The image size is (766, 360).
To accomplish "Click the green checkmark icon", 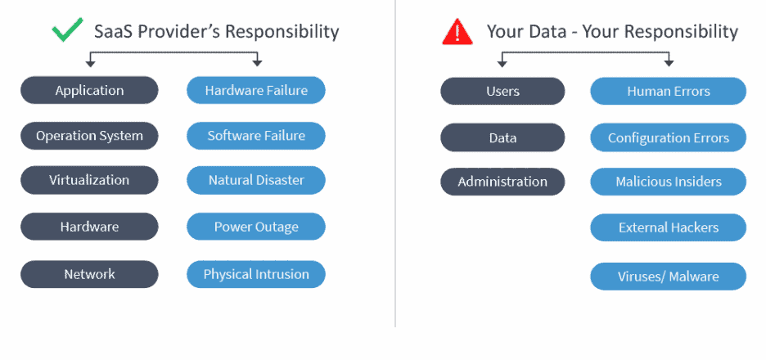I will pyautogui.click(x=68, y=32).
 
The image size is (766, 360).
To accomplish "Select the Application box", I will pyautogui.click(x=89, y=91).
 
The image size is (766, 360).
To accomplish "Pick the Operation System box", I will pyautogui.click(x=89, y=136).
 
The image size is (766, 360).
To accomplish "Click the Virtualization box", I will pyautogui.click(x=89, y=180).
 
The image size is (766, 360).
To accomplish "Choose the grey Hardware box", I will pyautogui.click(x=89, y=227).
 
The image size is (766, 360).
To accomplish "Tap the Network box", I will pyautogui.click(x=89, y=274).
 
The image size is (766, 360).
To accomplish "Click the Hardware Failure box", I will pyautogui.click(x=256, y=91).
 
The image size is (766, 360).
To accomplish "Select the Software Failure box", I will pyautogui.click(x=256, y=136).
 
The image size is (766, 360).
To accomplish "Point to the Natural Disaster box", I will pyautogui.click(x=256, y=180).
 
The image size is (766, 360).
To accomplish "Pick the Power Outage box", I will pyautogui.click(x=256, y=227).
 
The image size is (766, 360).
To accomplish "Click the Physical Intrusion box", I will pyautogui.click(x=256, y=274).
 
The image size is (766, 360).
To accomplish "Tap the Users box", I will pyautogui.click(x=502, y=91).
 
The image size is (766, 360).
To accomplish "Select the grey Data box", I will pyautogui.click(x=502, y=138).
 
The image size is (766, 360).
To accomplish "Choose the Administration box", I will pyautogui.click(x=502, y=182).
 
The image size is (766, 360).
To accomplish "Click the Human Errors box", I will pyautogui.click(x=668, y=92).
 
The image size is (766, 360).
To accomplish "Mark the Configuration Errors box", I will pyautogui.click(x=668, y=138).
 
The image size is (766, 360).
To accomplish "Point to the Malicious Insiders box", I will pyautogui.click(x=668, y=182).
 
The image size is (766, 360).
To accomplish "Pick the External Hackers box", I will pyautogui.click(x=668, y=228).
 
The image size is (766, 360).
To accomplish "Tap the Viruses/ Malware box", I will pyautogui.click(x=668, y=277).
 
